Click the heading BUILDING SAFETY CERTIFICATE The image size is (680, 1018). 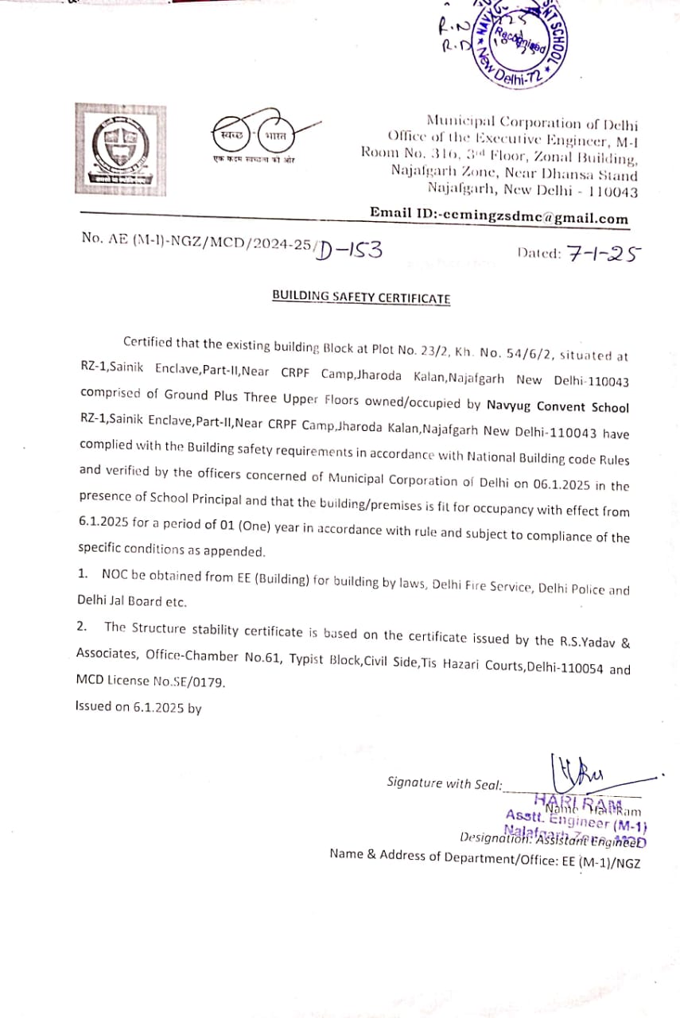pyautogui.click(x=361, y=297)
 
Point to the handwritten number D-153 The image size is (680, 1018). pyautogui.click(x=349, y=250)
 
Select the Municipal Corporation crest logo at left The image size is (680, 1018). pyautogui.click(x=121, y=149)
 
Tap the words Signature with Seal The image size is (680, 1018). pyautogui.click(x=445, y=783)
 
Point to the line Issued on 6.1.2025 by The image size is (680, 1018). pyautogui.click(x=138, y=706)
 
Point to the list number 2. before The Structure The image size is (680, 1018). pyautogui.click(x=82, y=627)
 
